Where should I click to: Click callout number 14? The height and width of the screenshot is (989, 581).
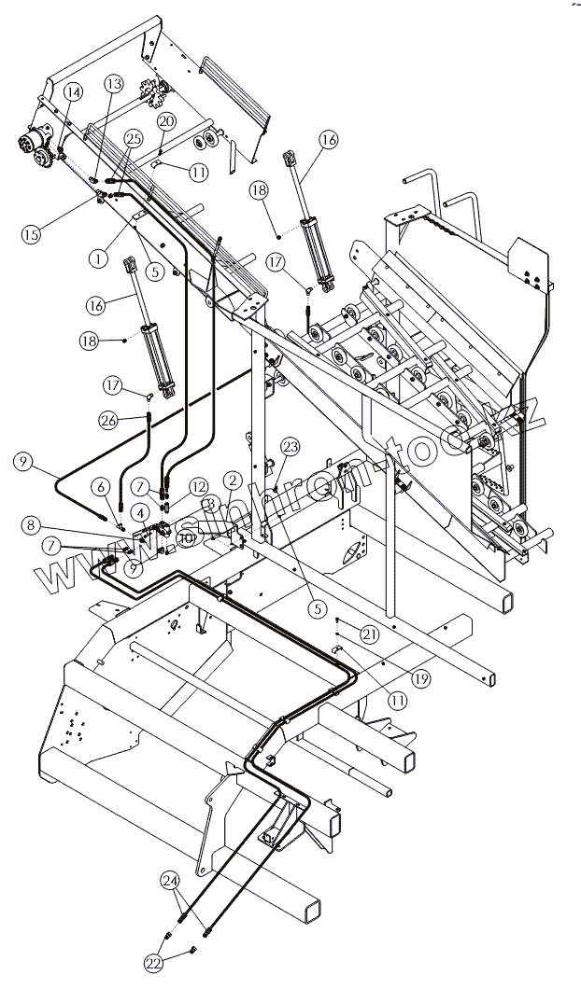coord(73,91)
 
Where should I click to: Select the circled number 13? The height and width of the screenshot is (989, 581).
coord(114,84)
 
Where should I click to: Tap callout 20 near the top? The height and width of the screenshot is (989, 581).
coord(166,121)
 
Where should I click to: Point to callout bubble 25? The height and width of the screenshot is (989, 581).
coord(133,138)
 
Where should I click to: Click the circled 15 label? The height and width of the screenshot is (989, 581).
coord(32,234)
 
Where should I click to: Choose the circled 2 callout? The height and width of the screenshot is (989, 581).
coord(233,481)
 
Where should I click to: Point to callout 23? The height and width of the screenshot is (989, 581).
coord(290,446)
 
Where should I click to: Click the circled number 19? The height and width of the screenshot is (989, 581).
coord(420,679)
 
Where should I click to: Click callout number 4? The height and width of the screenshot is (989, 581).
coord(137,511)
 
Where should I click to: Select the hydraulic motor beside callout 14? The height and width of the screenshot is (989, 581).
coord(35,147)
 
